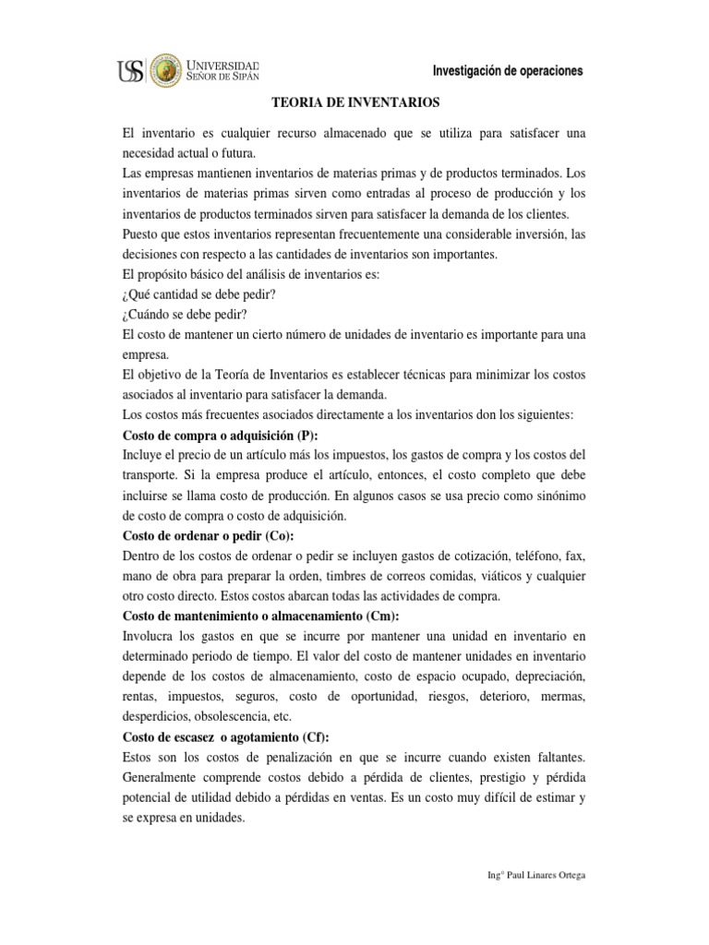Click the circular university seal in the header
pos(166,70)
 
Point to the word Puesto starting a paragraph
pos(142,234)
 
